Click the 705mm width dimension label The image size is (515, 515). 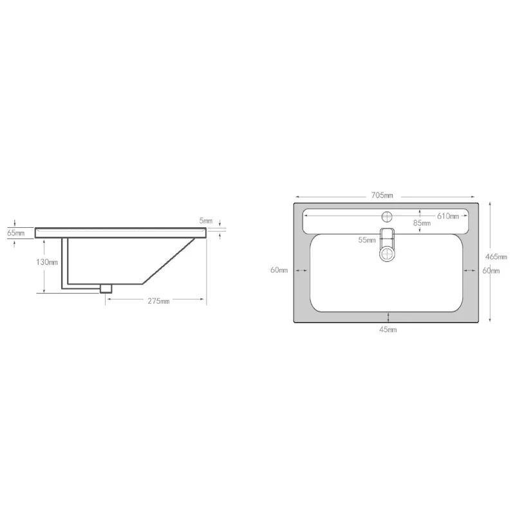pos(382,196)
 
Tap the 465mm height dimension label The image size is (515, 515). pos(496,256)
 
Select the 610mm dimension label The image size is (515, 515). pos(447,216)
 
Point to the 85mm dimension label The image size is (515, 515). pos(422,223)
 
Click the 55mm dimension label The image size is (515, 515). pos(366,240)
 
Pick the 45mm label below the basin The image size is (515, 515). pos(388,330)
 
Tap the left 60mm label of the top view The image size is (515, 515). pos(279,270)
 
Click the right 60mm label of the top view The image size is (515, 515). pos(491,270)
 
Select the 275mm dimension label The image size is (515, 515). pos(158,301)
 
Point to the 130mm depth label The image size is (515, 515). pos(46,262)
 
